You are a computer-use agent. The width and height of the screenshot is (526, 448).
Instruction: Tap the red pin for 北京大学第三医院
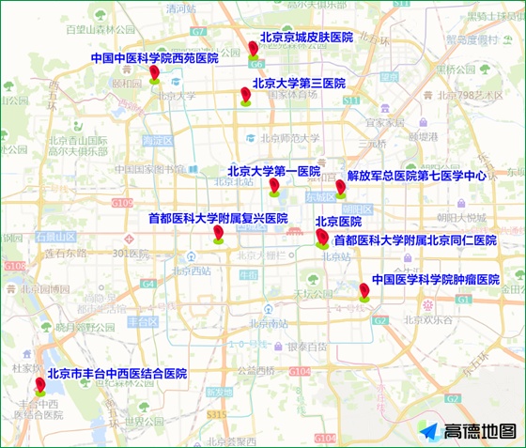[246, 96]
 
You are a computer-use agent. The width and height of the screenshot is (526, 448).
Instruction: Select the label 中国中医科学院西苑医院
[154, 58]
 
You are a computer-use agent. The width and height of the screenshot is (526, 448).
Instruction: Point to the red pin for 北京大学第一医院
[274, 186]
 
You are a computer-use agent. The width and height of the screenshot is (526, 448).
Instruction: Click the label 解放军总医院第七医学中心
[416, 176]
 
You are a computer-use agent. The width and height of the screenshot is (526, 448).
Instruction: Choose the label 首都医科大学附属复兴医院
[218, 218]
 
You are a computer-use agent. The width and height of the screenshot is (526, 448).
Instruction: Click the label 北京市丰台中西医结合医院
[117, 373]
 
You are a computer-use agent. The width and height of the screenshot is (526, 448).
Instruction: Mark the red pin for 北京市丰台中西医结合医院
[40, 385]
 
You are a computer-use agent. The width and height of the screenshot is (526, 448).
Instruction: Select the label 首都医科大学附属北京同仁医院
[414, 241]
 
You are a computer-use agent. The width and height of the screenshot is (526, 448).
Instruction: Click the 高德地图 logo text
[480, 431]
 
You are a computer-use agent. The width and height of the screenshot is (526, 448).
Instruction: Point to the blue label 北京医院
[338, 222]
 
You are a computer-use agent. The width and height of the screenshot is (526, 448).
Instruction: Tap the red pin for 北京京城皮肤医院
[254, 49]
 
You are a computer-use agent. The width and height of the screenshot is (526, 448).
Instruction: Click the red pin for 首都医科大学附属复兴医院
[218, 233]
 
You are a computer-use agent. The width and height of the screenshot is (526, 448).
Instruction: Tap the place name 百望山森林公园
[101, 29]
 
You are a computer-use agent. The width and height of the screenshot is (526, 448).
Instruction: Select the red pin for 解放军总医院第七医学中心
[340, 189]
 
